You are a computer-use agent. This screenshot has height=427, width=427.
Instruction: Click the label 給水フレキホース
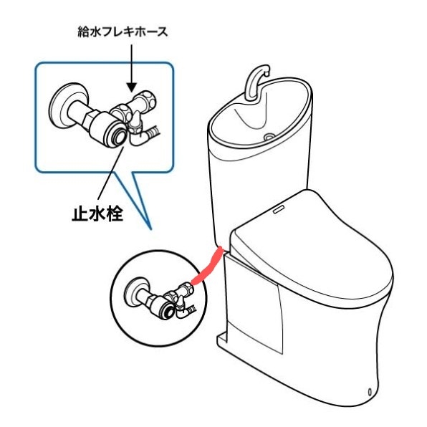pos(123,32)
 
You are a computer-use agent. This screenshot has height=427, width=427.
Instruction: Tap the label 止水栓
pos(97,214)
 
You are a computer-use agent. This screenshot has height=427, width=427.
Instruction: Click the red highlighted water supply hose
pos(208,267)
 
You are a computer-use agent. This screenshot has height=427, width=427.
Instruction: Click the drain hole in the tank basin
pos(269,136)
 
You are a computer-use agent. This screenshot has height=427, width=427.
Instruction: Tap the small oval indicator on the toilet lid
pos(279,210)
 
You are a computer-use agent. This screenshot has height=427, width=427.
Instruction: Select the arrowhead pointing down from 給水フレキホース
pos(132,87)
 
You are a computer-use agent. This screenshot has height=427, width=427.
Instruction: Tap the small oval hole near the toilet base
pos(370,392)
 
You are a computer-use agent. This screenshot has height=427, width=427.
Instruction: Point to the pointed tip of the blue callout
pos(150,229)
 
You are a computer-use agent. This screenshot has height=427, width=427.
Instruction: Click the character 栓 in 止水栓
pos(115,214)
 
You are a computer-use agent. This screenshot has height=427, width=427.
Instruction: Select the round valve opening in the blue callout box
pos(119,135)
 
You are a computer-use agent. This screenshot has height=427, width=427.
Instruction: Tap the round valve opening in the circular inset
pos(169,311)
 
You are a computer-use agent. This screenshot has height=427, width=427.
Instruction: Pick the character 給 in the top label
pos(83,32)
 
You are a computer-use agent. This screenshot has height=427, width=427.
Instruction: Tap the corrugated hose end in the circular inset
pos(192,308)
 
